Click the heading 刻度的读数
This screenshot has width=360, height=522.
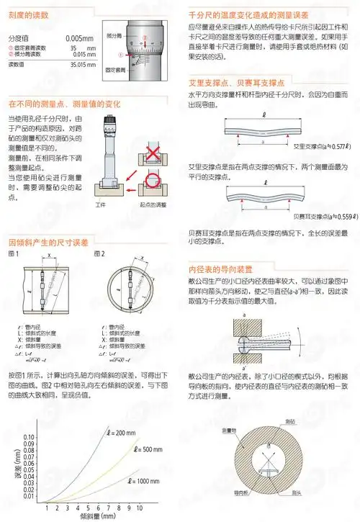27,14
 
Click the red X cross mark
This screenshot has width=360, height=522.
151,152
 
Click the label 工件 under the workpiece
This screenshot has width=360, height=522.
101,205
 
